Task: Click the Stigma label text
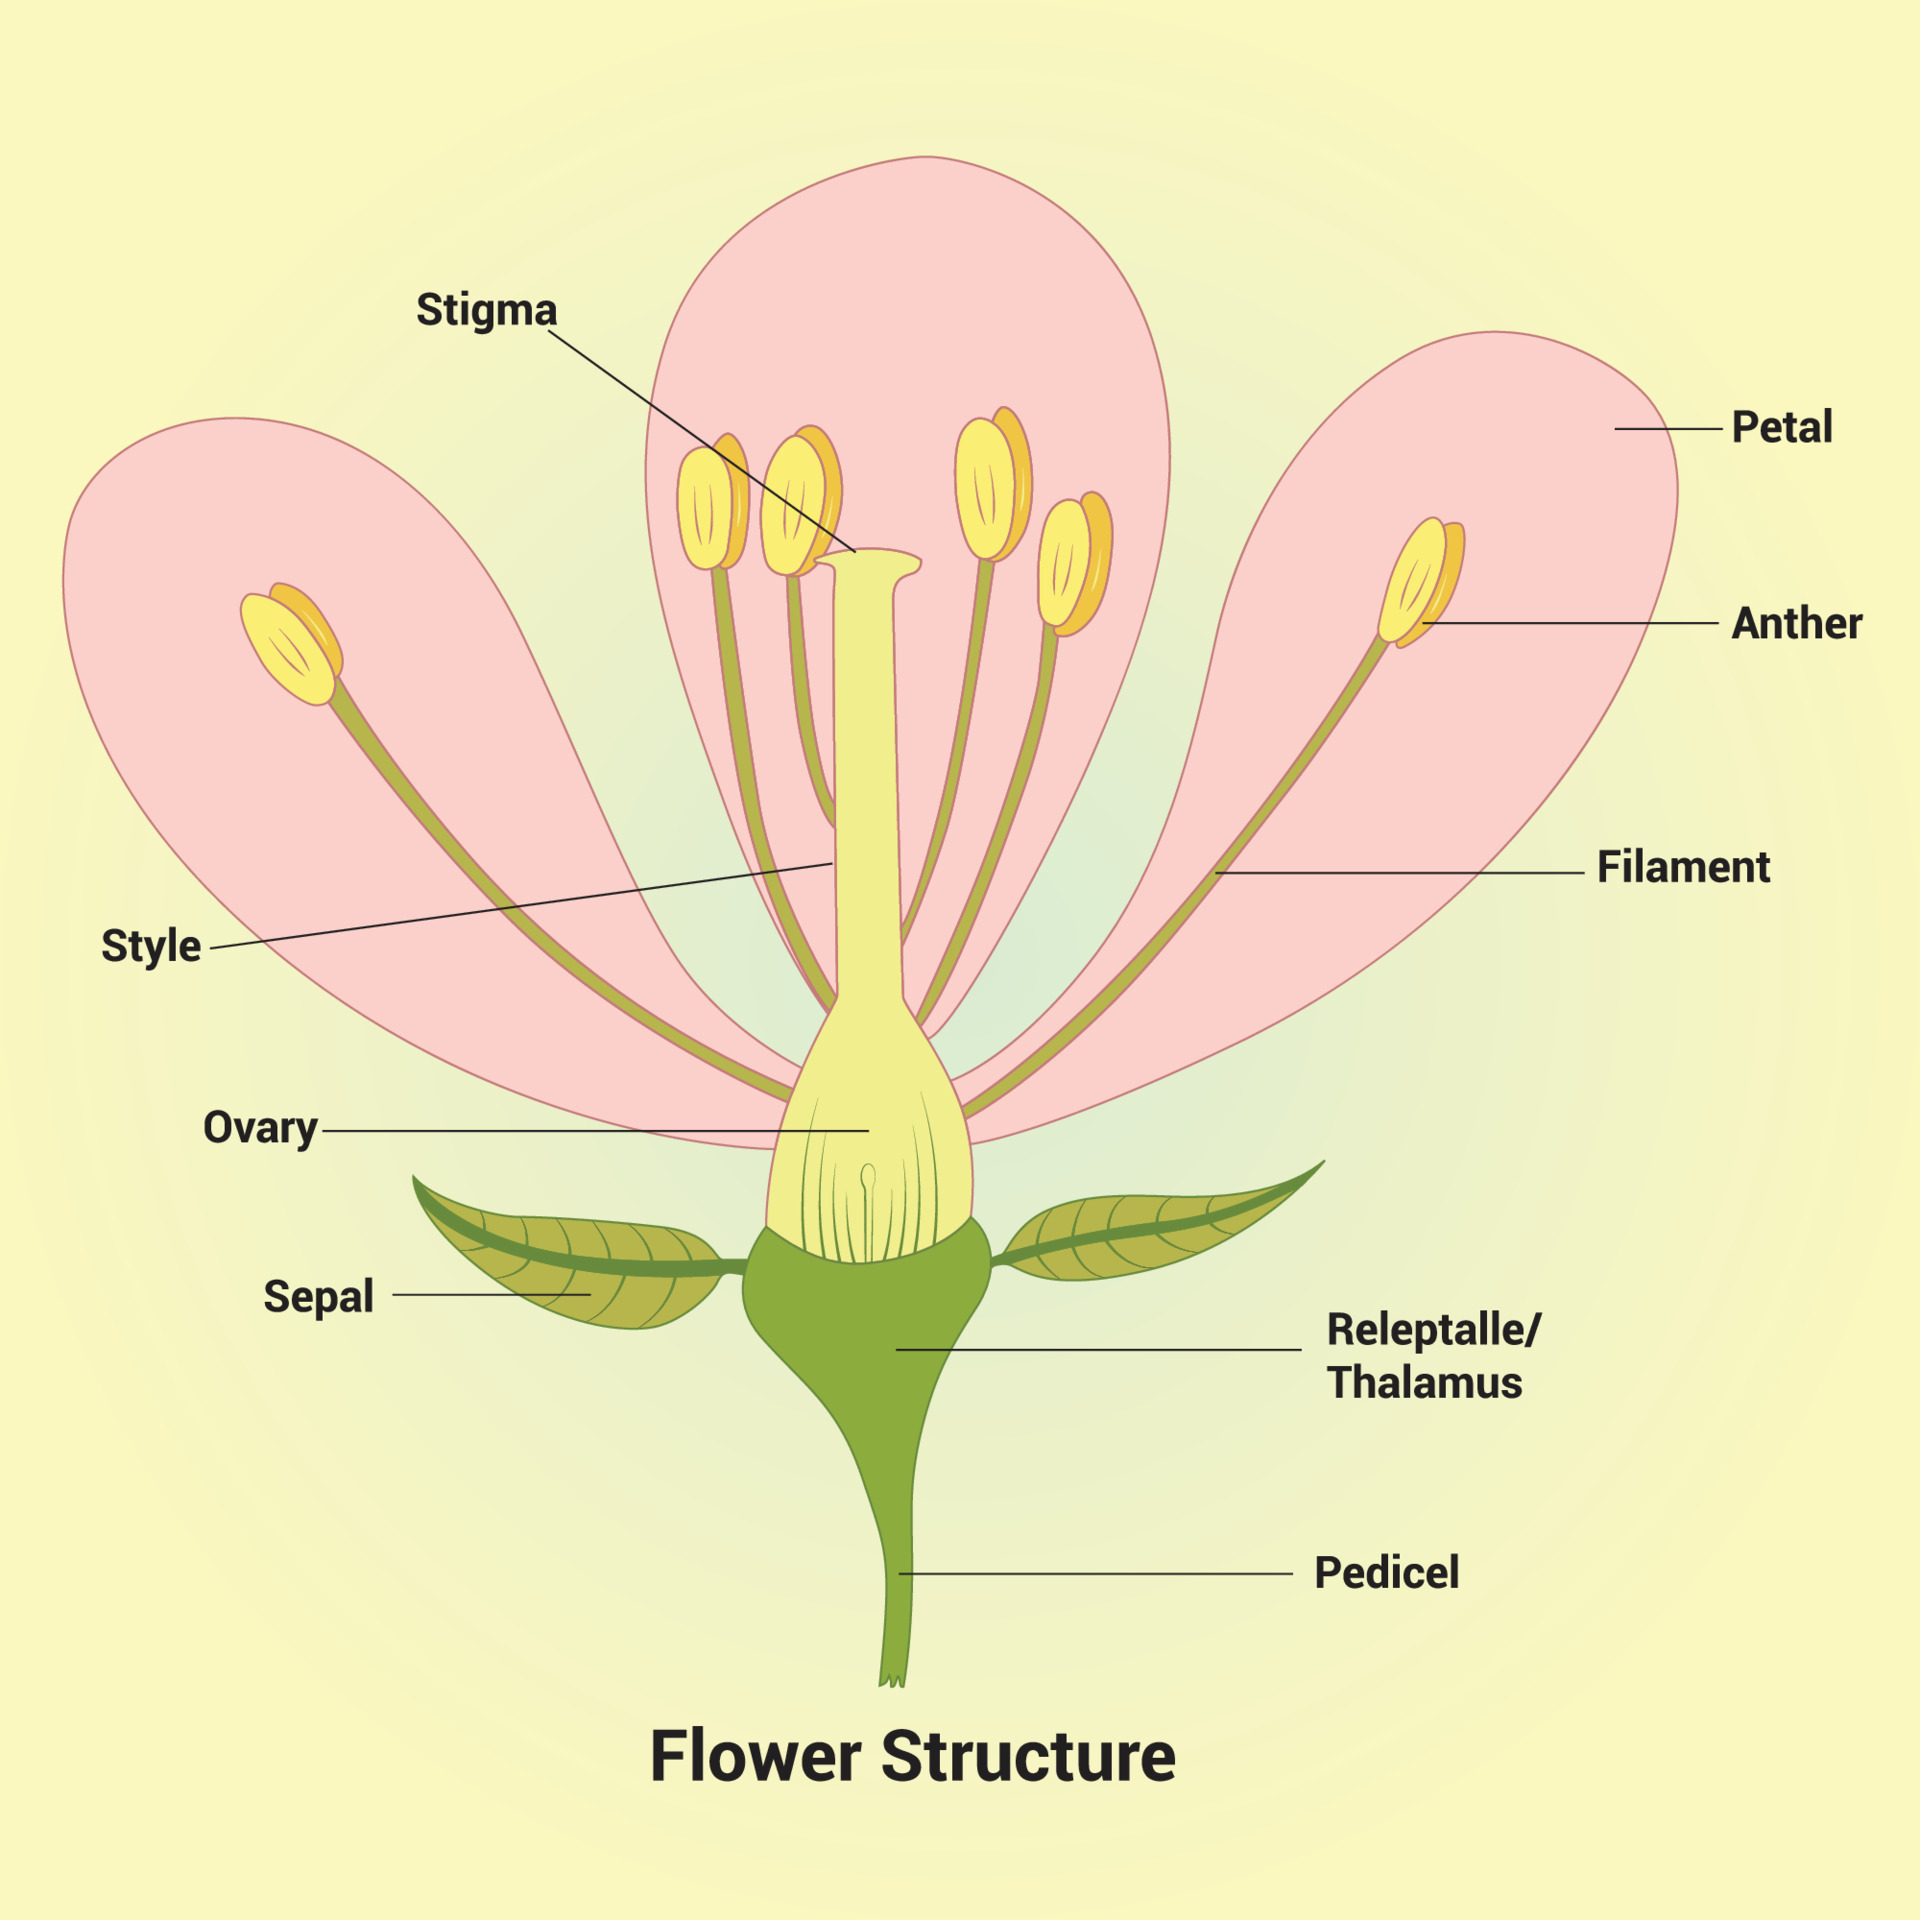pyautogui.click(x=486, y=310)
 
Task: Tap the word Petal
pyautogui.click(x=1781, y=427)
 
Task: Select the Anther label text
pyautogui.click(x=1796, y=623)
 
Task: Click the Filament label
pyautogui.click(x=1683, y=867)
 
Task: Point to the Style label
pyautogui.click(x=151, y=945)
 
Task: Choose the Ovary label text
pyautogui.click(x=260, y=1128)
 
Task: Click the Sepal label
pyautogui.click(x=318, y=1296)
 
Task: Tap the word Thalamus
pyautogui.click(x=1424, y=1383)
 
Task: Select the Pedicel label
pyautogui.click(x=1386, y=1573)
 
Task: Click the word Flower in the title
pyautogui.click(x=755, y=1756)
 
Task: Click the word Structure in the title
pyautogui.click(x=1028, y=1756)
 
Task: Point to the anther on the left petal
pyautogui.click(x=291, y=645)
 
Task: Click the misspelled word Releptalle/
pyautogui.click(x=1433, y=1330)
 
